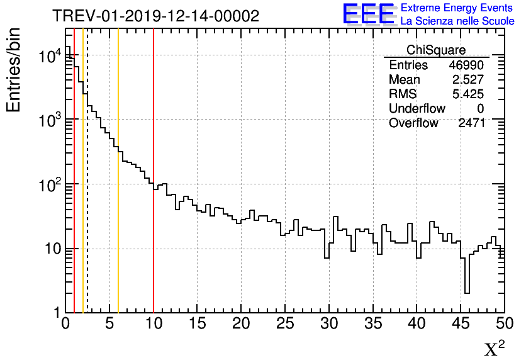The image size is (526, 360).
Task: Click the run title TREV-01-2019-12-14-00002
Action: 155,16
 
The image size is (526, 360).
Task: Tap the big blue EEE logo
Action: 368,14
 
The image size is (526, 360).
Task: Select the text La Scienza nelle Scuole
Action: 457,21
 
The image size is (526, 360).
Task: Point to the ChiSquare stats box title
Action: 436,50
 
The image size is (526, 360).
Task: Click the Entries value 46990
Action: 466,65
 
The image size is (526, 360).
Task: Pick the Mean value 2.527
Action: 468,79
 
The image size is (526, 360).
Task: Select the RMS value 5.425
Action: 468,94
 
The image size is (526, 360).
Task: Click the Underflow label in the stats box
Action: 417,108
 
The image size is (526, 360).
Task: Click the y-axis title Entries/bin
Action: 13,69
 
